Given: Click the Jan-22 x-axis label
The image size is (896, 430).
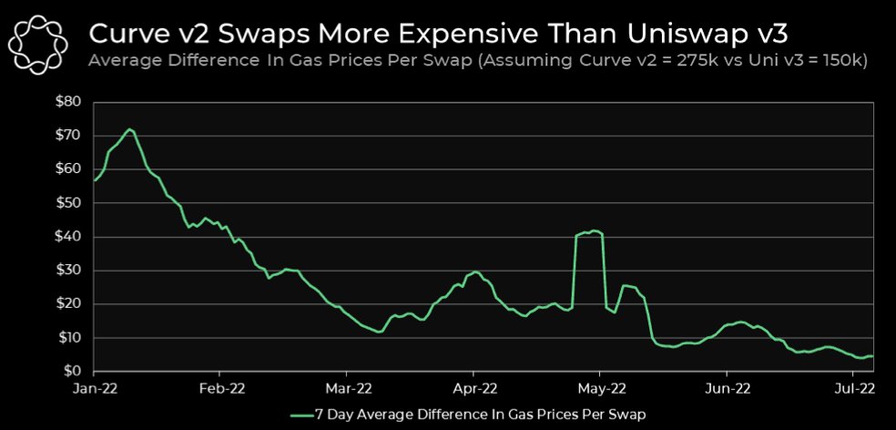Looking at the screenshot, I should [94, 388].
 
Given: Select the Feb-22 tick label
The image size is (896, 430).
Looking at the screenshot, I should [219, 388].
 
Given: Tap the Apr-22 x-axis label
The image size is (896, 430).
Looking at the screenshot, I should [473, 388].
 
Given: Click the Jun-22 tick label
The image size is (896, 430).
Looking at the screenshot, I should [727, 388].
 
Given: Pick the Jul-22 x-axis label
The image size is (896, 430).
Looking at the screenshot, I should [853, 388].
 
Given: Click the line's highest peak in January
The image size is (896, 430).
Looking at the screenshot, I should [130, 129].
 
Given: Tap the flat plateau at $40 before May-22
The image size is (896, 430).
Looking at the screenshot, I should [589, 232].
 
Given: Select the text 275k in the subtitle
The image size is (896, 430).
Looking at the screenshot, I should [662, 62].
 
